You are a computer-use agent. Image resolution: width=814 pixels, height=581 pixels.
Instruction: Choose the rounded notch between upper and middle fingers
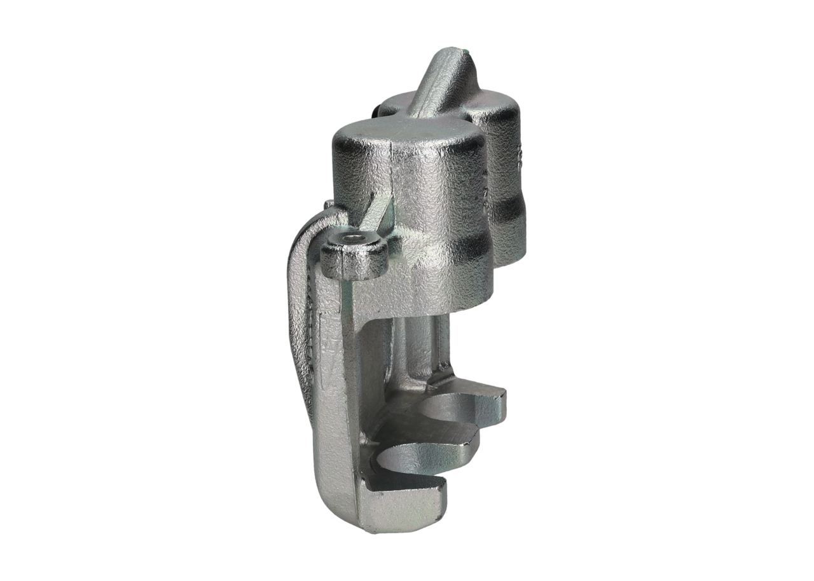pos(445,410)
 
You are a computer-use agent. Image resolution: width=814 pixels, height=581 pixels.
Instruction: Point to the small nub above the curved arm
pos(328,205)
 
